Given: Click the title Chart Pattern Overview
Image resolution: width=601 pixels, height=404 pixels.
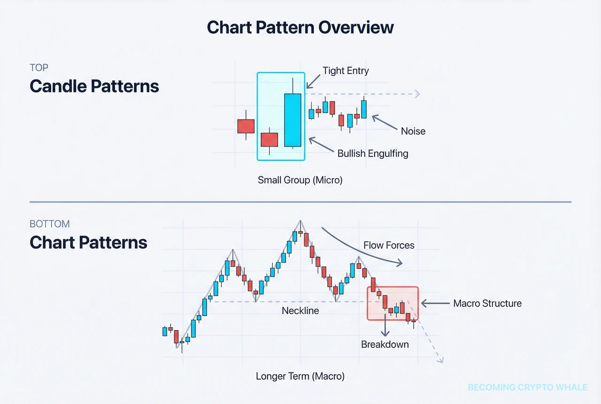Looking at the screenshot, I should (300, 27).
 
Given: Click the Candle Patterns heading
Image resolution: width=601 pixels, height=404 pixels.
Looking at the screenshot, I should (94, 86).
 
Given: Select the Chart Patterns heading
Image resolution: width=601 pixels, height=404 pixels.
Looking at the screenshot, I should (88, 242).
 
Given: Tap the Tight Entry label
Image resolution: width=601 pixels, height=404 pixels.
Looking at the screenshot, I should (346, 71).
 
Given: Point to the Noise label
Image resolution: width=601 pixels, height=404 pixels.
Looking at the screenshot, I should (413, 131).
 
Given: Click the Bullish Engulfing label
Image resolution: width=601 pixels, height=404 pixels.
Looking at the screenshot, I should (373, 153).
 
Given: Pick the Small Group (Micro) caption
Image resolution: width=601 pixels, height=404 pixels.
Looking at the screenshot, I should (300, 180).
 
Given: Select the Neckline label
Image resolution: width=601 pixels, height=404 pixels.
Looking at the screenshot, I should (300, 310).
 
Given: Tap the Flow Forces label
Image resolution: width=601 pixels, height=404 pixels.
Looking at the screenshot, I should (389, 245).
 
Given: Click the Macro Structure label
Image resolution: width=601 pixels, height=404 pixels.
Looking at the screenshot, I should (487, 303).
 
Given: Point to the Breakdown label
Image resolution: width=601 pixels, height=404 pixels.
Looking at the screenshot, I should (385, 344).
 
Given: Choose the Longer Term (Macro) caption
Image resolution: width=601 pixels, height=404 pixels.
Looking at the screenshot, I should (300, 376).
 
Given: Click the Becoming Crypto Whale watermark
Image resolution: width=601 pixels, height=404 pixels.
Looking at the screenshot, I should (527, 388).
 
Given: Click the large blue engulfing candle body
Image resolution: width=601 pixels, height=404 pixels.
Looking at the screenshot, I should (293, 120).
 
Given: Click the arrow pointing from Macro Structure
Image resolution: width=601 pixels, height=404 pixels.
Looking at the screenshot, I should (435, 303).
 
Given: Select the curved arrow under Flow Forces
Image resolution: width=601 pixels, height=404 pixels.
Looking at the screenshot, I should (362, 249).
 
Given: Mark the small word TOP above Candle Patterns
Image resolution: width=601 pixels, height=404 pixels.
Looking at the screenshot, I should (39, 68).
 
